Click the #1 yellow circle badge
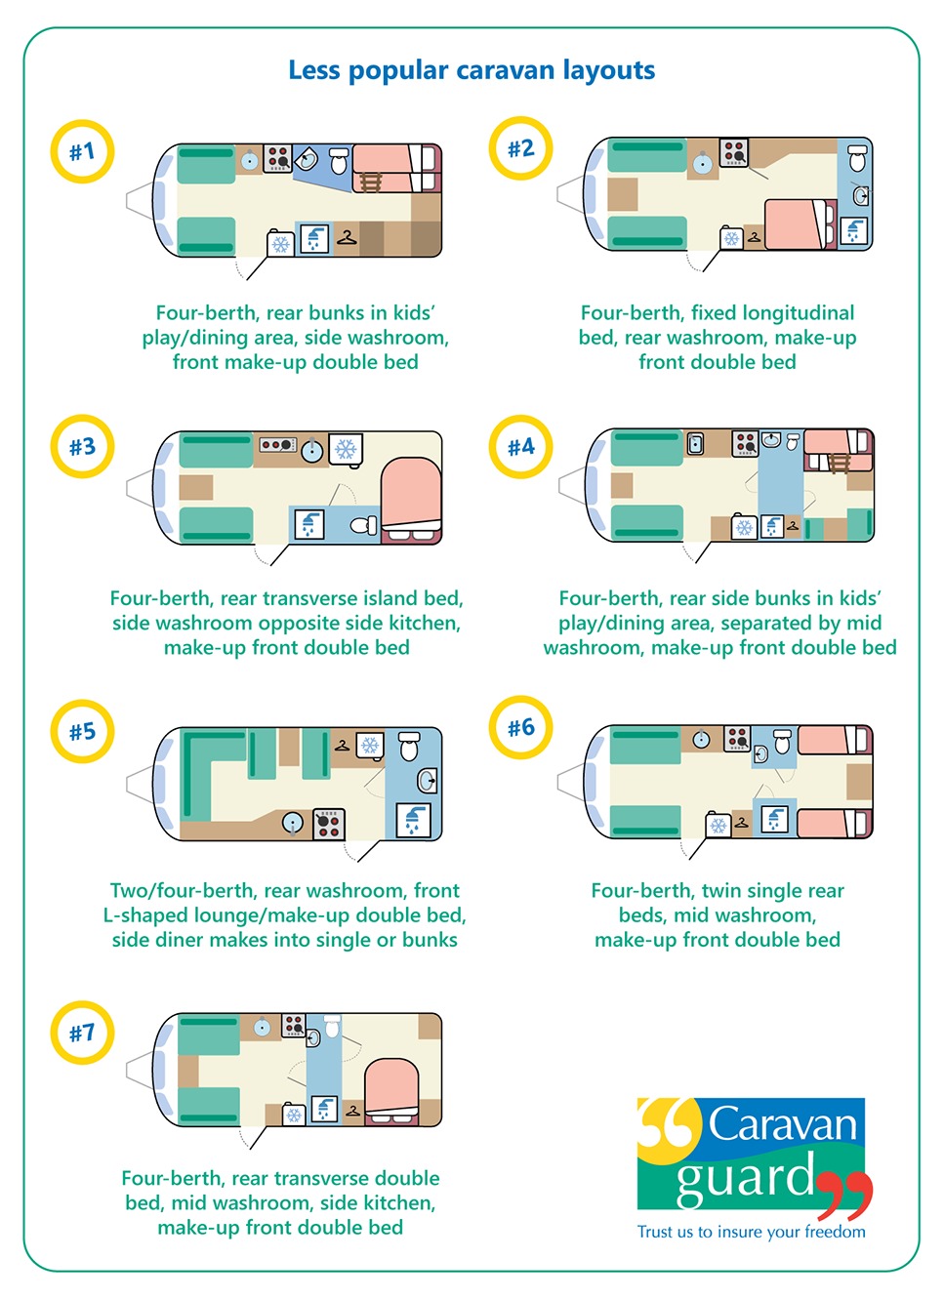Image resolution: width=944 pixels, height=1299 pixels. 82,152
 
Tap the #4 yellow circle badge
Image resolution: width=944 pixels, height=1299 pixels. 520,447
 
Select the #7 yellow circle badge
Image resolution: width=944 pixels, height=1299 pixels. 82,1033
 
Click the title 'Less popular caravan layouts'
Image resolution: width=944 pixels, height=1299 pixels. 472,70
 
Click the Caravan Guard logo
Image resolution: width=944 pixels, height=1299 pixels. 753,1157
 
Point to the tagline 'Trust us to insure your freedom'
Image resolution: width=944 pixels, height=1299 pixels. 751,1232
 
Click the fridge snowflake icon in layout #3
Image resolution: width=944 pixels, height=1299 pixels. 346,449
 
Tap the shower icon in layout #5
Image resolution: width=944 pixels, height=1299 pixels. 413,820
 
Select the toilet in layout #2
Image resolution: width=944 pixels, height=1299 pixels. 857,158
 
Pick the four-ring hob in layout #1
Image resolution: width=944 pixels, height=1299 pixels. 278,158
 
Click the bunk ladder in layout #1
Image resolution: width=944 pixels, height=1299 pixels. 370,182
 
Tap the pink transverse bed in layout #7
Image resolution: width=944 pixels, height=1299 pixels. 391,1087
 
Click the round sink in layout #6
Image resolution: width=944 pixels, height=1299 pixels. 701,740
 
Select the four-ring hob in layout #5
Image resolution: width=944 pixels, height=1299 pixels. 329,824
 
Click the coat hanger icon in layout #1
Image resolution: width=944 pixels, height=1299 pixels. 347,237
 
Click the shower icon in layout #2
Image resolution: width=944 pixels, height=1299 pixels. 854,231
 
